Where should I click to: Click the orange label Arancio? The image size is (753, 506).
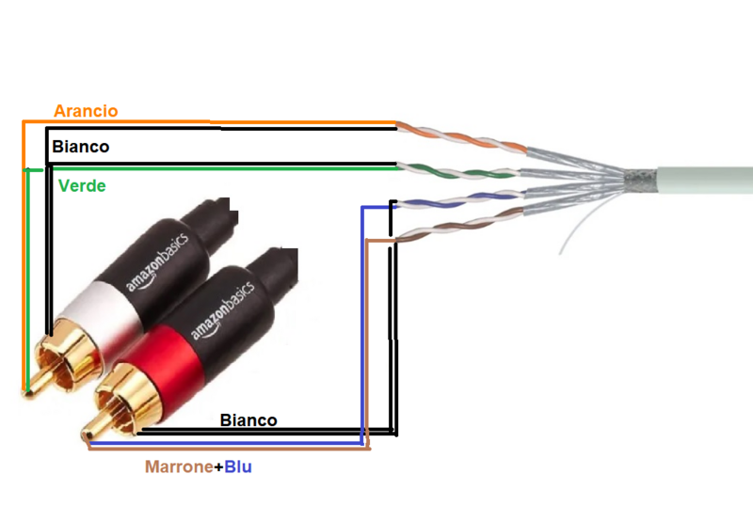[x=86, y=111]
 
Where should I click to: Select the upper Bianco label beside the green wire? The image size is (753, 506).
[x=80, y=147]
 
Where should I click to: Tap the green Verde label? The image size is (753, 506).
[x=82, y=185]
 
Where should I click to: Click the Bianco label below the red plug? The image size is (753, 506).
[x=248, y=419]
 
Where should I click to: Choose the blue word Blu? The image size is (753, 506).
[x=238, y=466]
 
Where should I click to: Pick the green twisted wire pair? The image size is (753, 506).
[x=461, y=171]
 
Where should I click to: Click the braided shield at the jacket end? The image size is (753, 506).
[x=640, y=178]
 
